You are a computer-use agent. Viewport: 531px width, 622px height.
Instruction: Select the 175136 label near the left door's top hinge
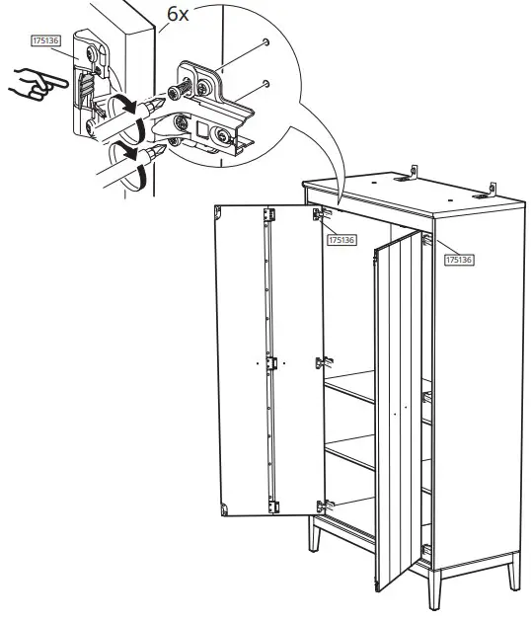341,239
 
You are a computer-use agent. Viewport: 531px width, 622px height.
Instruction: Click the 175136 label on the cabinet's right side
459,259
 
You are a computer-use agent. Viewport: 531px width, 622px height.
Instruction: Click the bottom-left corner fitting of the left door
223,508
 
